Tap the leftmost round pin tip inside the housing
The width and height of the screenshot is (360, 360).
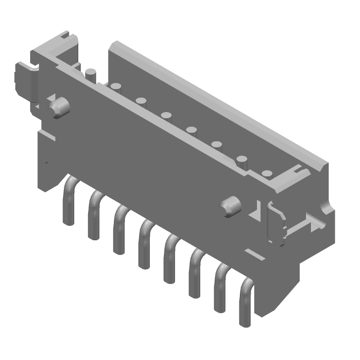point(91,73)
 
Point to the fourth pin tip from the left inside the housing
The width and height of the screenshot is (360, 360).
point(167,116)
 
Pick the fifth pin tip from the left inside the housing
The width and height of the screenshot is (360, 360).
point(192,130)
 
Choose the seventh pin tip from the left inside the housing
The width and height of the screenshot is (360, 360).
point(243,160)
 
